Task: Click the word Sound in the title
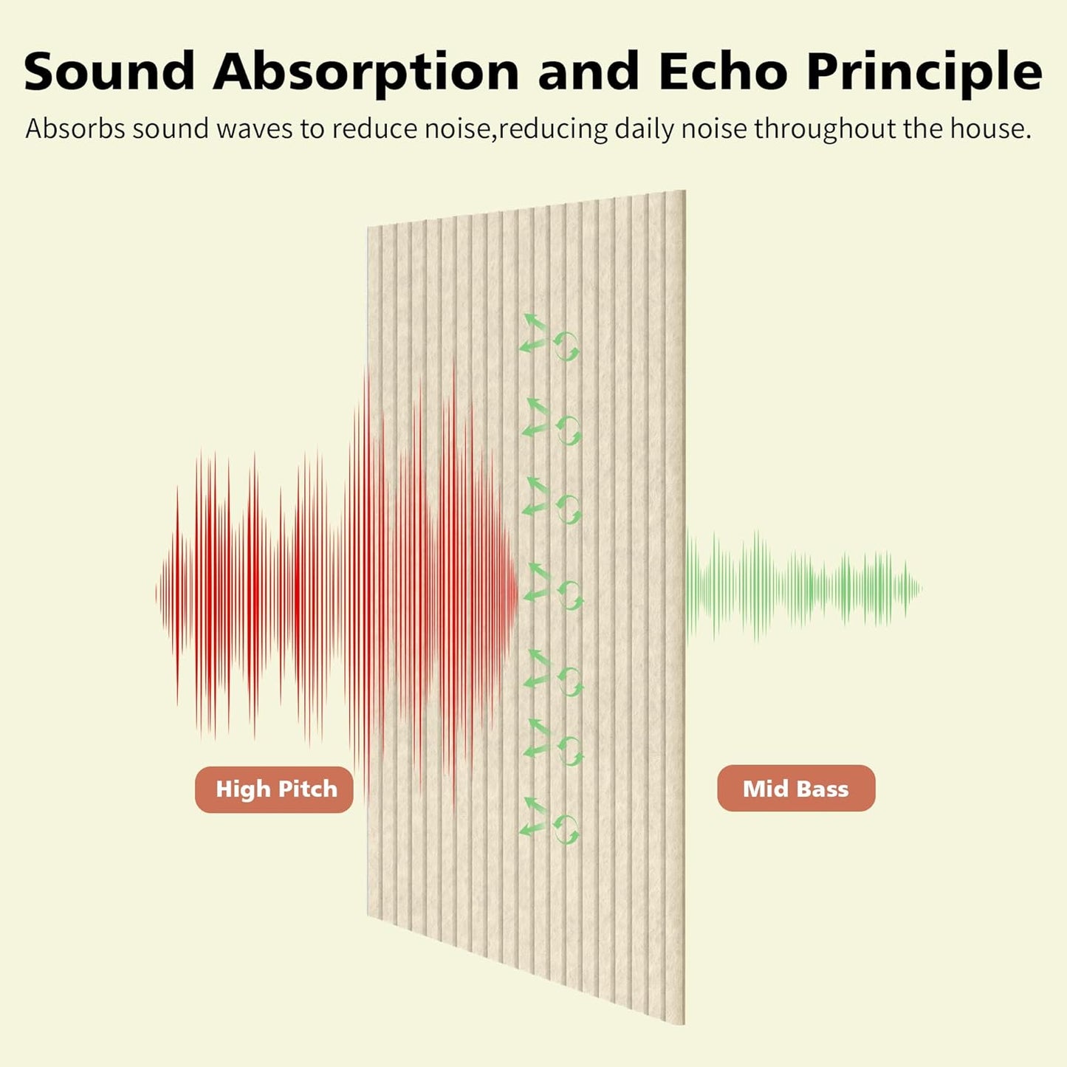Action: (109, 72)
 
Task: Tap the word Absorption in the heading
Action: (366, 72)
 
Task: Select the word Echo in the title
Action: (722, 72)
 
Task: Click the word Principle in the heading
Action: (924, 72)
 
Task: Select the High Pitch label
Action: (274, 789)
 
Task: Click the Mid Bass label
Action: (796, 789)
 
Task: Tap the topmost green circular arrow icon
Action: (566, 346)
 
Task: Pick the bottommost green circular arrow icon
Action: (566, 829)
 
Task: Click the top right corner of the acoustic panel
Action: (685, 192)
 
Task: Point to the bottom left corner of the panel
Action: (368, 916)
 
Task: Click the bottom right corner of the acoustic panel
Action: (683, 1023)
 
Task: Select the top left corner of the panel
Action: (368, 228)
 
